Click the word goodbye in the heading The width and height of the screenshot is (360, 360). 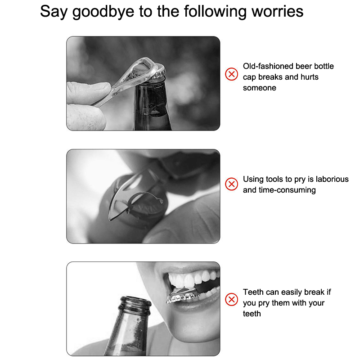[x=103, y=12]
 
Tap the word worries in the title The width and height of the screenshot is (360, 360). [x=277, y=11]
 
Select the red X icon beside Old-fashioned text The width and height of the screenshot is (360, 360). [x=231, y=74]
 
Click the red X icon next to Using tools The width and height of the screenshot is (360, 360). [x=231, y=184]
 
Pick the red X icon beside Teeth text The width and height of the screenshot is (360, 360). [x=231, y=299]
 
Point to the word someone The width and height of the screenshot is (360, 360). [x=260, y=88]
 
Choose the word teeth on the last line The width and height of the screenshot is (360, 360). [x=252, y=314]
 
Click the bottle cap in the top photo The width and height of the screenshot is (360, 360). [x=159, y=72]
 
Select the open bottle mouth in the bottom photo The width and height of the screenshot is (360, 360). [x=135, y=300]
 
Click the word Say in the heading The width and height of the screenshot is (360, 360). [x=54, y=12]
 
